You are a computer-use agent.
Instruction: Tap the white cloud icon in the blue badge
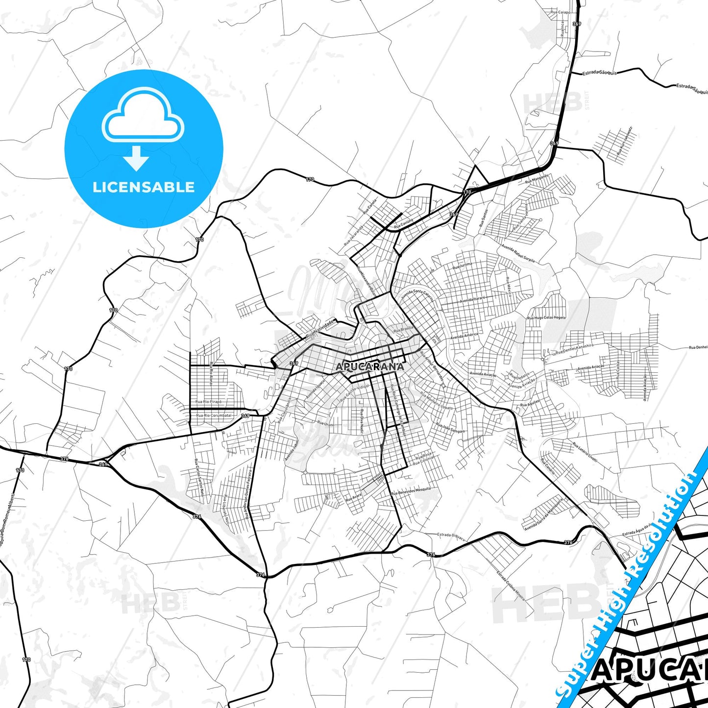click(143, 116)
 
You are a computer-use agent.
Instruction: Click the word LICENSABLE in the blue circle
click(144, 187)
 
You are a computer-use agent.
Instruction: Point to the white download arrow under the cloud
click(136, 158)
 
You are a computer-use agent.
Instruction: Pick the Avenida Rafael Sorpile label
click(517, 252)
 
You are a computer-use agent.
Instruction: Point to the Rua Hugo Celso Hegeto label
click(546, 317)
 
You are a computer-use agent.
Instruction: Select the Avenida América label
click(464, 336)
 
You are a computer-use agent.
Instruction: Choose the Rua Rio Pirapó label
click(208, 402)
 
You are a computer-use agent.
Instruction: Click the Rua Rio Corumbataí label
click(214, 415)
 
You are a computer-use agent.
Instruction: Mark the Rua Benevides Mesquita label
click(411, 490)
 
